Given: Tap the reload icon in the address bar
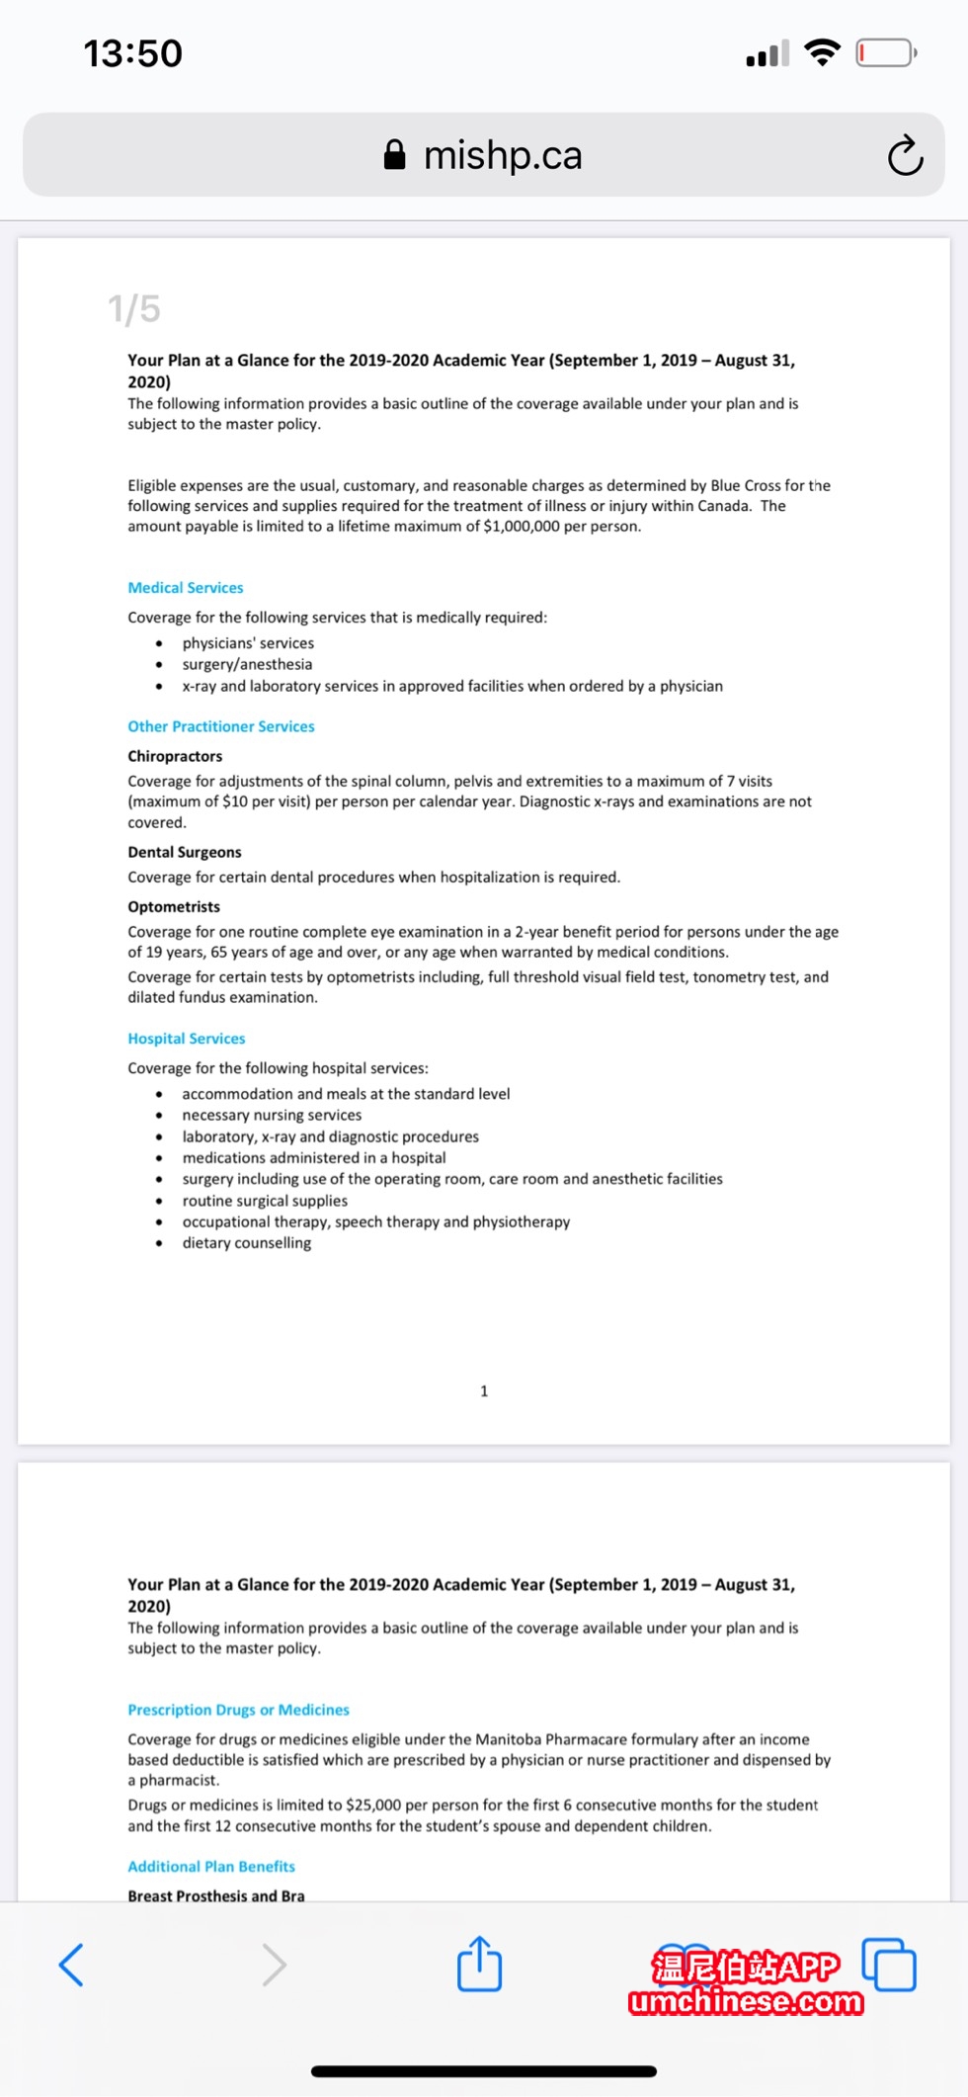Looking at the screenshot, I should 904,155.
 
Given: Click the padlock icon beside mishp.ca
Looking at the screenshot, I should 394,155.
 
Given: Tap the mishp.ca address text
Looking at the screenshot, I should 503,155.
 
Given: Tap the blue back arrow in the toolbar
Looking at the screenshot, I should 71,1964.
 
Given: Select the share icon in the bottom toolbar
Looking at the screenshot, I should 479,1964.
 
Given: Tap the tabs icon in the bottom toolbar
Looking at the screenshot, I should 889,1964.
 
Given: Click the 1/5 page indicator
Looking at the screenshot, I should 134,309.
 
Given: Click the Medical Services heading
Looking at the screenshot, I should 186,588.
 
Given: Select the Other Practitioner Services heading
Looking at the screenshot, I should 221,726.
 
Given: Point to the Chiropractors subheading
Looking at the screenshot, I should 175,756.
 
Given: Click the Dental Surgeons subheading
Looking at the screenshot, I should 185,852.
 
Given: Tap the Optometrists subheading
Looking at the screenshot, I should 174,906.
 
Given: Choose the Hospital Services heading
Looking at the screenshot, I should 187,1039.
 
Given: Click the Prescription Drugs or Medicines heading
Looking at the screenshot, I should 238,1710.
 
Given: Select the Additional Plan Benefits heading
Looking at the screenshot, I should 211,1867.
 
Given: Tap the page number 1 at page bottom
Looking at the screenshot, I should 484,1391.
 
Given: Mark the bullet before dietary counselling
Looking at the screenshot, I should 159,1243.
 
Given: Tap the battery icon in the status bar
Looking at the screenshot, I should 885,52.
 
